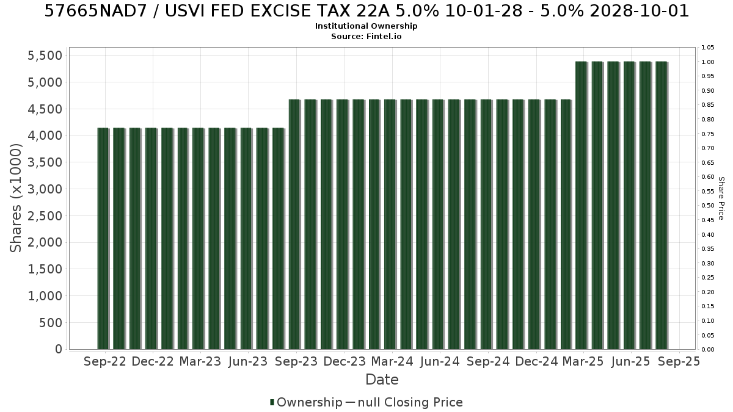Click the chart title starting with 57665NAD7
[366, 11]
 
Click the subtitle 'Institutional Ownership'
[366, 26]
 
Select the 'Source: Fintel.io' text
[366, 36]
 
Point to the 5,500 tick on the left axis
[45, 56]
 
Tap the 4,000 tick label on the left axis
[45, 136]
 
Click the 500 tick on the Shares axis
[50, 323]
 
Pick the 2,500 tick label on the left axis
[45, 216]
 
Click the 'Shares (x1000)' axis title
[16, 198]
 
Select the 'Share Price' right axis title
[721, 198]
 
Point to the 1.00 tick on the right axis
[707, 62]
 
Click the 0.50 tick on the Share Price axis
[707, 206]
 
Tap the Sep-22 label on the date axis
[105, 361]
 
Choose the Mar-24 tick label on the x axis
[392, 361]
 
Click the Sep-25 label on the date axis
[679, 361]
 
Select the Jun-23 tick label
[248, 361]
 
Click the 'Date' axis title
[382, 380]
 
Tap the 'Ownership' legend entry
[306, 402]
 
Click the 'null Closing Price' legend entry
[404, 402]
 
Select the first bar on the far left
[103, 239]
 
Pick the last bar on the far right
[662, 205]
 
